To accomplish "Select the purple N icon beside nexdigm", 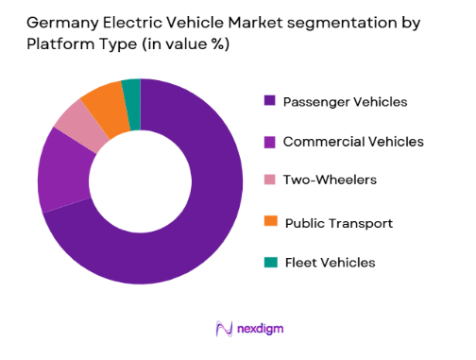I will pyautogui.click(x=223, y=329).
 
